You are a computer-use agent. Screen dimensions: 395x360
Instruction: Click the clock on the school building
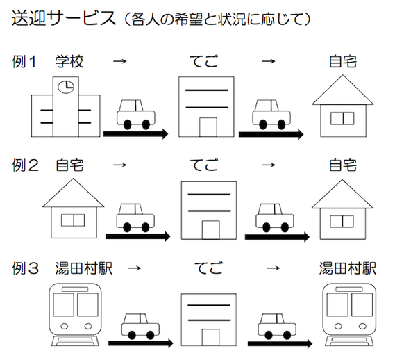tap(66, 87)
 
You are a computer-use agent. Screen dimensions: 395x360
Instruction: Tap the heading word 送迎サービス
tap(64, 18)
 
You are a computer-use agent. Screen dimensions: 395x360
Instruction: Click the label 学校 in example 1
tap(69, 61)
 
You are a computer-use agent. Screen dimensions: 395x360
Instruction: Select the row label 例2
tap(26, 165)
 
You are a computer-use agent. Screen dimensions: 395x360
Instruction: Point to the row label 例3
tap(26, 268)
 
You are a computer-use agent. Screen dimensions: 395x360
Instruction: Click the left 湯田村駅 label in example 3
tap(84, 268)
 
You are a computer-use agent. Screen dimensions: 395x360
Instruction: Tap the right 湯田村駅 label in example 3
tap(348, 268)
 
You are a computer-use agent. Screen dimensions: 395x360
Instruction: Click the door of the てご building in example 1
tap(208, 127)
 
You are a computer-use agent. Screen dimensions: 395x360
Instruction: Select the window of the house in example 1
tap(342, 118)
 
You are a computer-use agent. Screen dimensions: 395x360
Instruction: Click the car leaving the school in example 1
tap(136, 114)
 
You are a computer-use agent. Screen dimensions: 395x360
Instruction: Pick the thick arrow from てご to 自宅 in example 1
tap(271, 134)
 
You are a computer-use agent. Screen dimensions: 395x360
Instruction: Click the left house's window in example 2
tap(73, 220)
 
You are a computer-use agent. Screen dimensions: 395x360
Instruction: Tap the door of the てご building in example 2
tap(210, 230)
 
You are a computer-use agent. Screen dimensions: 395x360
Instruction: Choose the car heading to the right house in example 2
tap(275, 218)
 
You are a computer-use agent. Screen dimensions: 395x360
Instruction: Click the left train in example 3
tap(75, 315)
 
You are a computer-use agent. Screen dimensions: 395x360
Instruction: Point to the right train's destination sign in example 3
tap(349, 289)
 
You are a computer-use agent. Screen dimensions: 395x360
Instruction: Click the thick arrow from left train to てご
tap(141, 343)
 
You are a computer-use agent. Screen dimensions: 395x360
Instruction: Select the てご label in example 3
tap(209, 268)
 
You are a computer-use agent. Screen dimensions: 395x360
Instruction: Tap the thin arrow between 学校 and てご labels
tap(120, 61)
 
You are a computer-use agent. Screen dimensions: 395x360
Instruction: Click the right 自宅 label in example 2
tap(343, 165)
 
